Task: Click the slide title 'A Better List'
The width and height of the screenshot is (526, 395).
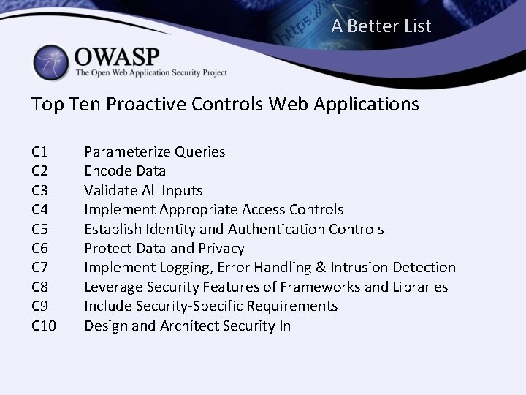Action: click(381, 27)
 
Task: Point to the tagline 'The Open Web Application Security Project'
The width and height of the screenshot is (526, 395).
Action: click(151, 73)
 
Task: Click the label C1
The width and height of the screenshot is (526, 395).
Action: click(40, 152)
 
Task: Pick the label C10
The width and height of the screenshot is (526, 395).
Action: click(45, 326)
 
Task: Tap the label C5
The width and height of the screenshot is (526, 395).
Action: click(40, 229)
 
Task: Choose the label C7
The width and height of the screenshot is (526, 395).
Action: click(40, 268)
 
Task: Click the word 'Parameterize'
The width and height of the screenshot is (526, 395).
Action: click(127, 152)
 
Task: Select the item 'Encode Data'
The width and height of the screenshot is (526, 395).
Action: click(125, 171)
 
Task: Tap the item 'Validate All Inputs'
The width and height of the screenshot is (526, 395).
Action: click(143, 190)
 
